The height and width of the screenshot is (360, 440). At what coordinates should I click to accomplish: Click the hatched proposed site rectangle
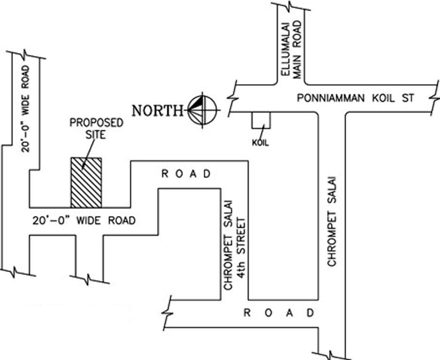tap(86, 182)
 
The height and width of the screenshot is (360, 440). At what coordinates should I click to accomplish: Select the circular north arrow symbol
tap(203, 110)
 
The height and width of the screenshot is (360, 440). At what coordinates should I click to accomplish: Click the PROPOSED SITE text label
tap(96, 128)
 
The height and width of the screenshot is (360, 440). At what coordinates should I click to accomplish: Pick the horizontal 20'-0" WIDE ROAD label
tap(84, 220)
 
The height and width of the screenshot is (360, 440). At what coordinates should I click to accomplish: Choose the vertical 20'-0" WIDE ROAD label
tap(25, 109)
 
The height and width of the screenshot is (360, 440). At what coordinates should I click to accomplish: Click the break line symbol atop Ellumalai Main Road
tap(291, 6)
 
